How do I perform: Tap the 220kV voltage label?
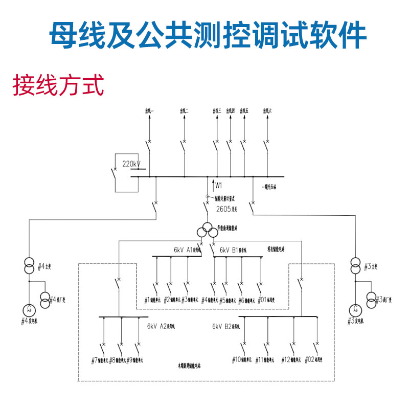click(x=131, y=164)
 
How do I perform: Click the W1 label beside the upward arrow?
click(x=219, y=185)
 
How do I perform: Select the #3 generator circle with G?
click(x=355, y=309)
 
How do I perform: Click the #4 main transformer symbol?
click(x=30, y=267)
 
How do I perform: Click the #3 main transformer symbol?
click(x=355, y=267)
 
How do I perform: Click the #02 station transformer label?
click(x=317, y=360)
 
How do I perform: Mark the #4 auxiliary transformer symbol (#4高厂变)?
click(x=45, y=298)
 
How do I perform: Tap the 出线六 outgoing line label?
click(x=266, y=110)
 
